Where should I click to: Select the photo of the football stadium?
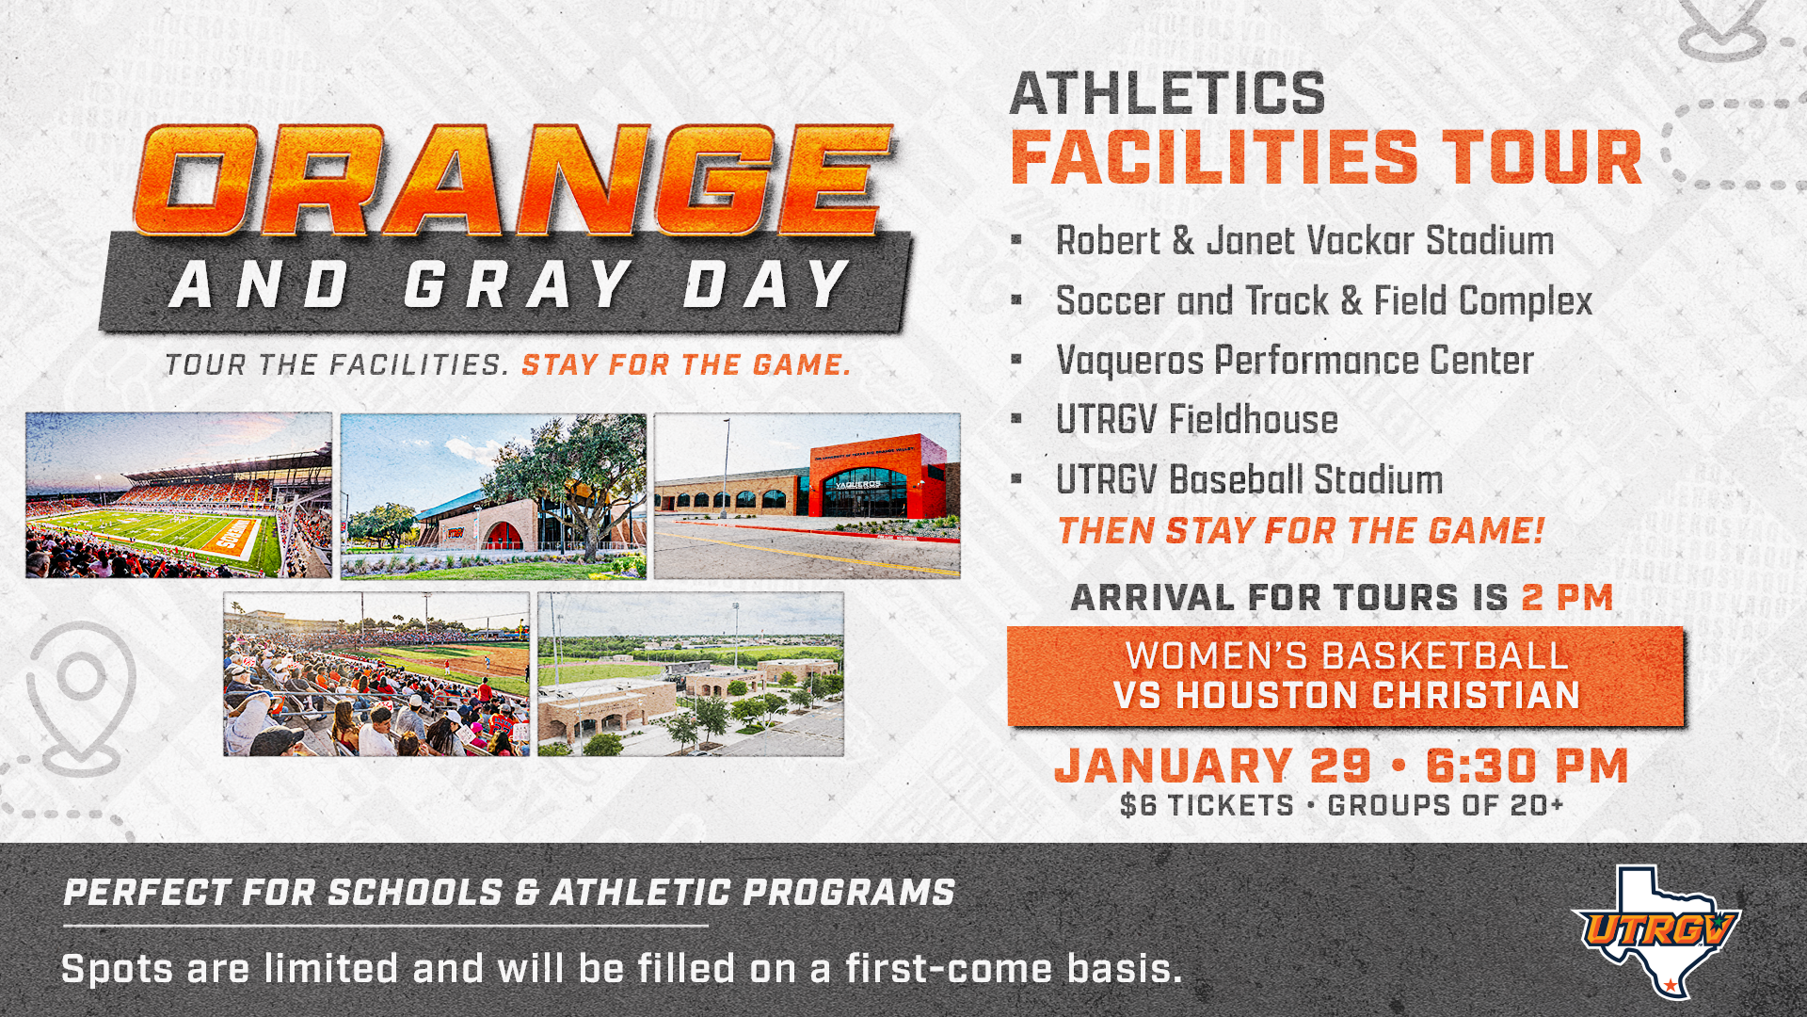coord(179,495)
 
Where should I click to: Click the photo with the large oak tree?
coord(493,495)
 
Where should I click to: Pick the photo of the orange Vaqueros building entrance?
coord(808,495)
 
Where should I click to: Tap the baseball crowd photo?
coord(376,674)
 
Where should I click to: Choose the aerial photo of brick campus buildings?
coord(691,674)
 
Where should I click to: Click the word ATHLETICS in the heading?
coord(1167,94)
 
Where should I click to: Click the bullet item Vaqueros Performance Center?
coord(1294,361)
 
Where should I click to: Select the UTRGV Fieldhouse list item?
coord(1196,420)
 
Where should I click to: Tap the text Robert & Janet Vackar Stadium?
coord(1304,241)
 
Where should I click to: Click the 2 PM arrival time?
coord(1567,598)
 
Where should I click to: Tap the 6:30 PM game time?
coord(1527,766)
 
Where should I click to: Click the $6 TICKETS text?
coord(1207,806)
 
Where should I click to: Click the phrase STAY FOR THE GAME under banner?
coord(686,364)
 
